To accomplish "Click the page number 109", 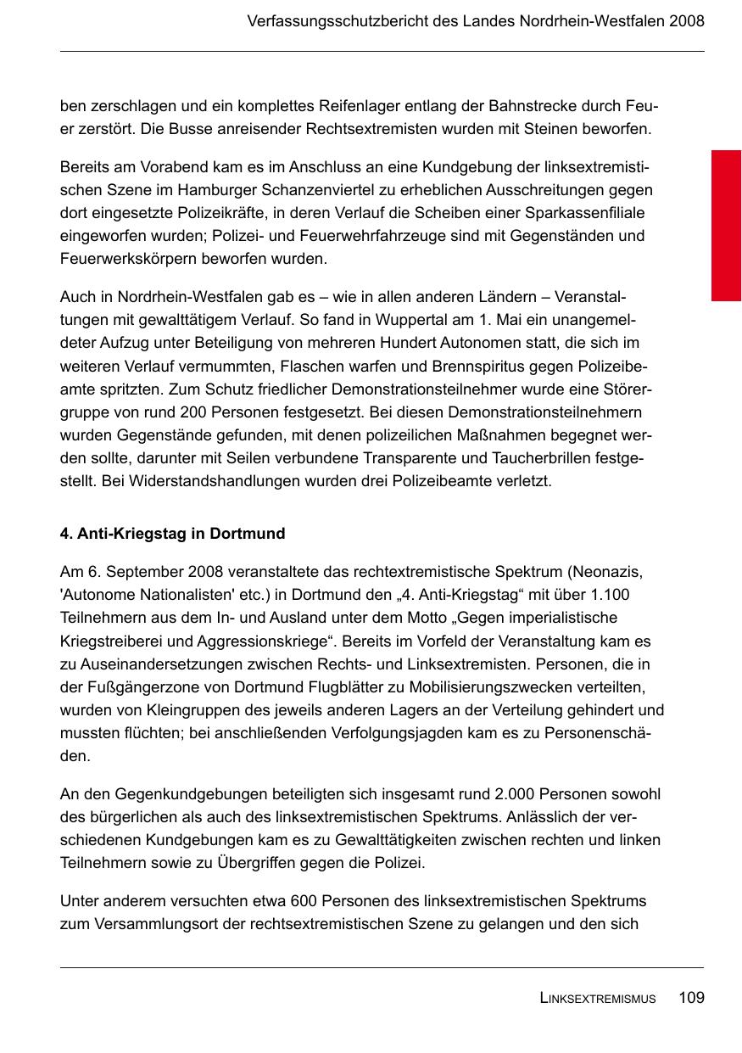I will pyautogui.click(x=691, y=998).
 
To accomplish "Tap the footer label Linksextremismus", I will pyautogui.click(x=597, y=999).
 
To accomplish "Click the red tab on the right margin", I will pyautogui.click(x=726, y=226).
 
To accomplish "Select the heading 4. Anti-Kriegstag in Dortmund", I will pyautogui.click(x=172, y=534).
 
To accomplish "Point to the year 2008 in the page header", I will pyautogui.click(x=686, y=21).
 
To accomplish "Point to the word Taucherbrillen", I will pyautogui.click(x=553, y=458).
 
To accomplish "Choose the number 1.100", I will pyautogui.click(x=606, y=596).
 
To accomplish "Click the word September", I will pyautogui.click(x=129, y=573).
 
